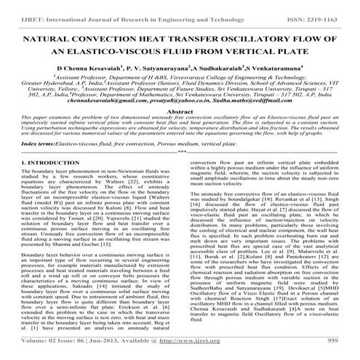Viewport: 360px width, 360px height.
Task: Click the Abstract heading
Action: [x=180, y=130]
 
